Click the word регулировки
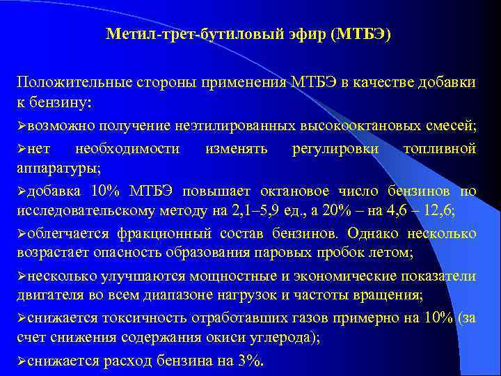[x=336, y=148]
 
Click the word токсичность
[x=140, y=319]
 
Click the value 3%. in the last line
[x=248, y=361]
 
